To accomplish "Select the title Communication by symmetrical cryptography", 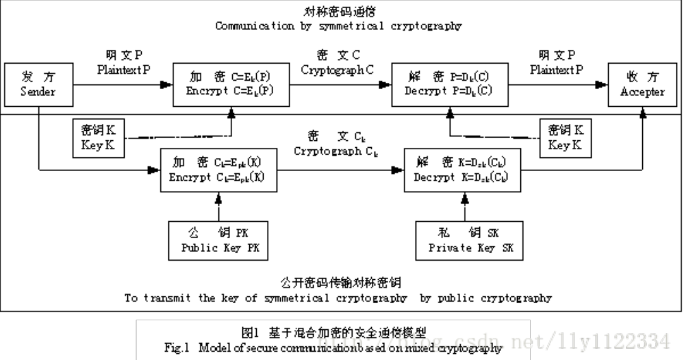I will pos(338,27).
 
